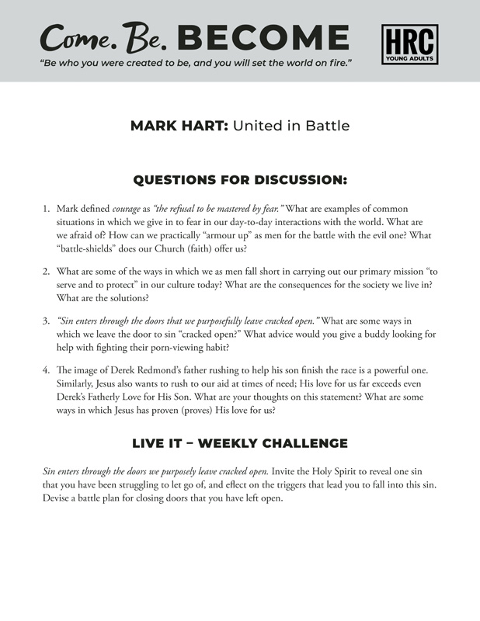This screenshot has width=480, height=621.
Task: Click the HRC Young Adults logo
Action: click(x=409, y=44)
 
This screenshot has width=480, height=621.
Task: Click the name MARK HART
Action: click(x=179, y=126)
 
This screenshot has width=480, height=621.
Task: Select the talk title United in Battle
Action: click(x=291, y=126)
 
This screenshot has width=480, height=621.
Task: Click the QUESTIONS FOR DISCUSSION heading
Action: click(x=240, y=180)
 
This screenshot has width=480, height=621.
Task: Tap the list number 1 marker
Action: click(x=46, y=209)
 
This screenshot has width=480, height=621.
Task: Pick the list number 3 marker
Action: click(x=46, y=320)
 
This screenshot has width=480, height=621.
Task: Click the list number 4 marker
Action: click(x=46, y=369)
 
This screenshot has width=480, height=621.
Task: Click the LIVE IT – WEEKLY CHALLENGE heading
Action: click(x=240, y=443)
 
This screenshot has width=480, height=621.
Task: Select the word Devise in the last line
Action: click(x=58, y=498)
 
